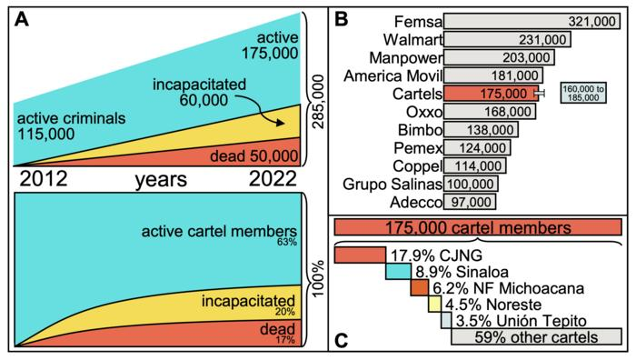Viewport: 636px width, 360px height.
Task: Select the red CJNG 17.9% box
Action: (360, 254)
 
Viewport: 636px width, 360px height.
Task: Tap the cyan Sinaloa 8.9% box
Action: (398, 271)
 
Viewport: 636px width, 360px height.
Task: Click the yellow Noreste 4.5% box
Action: (434, 304)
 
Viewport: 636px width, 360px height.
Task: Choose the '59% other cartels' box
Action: (536, 337)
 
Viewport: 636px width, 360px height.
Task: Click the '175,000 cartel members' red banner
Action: (478, 225)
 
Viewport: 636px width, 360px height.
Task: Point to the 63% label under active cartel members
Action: (288, 243)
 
